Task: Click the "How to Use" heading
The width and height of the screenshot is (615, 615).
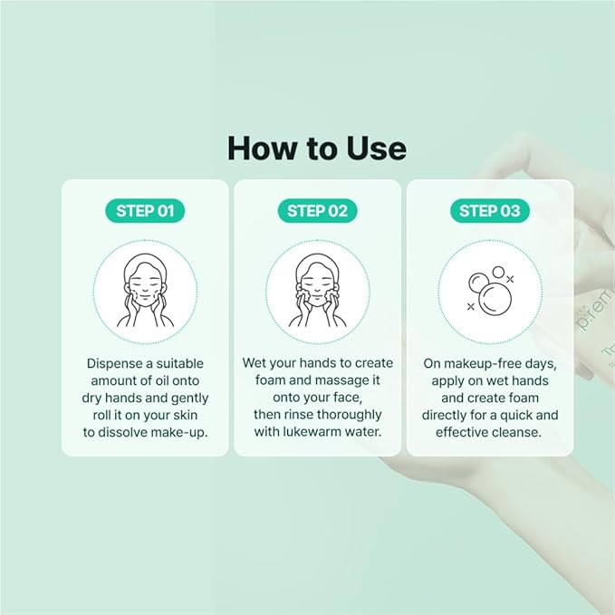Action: point(316,148)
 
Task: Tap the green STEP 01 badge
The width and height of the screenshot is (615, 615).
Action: point(145,211)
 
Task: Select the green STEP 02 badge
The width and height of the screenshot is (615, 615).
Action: point(317,211)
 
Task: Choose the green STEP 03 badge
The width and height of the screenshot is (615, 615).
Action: point(489,211)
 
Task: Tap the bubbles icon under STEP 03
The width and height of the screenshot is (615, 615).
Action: point(489,290)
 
